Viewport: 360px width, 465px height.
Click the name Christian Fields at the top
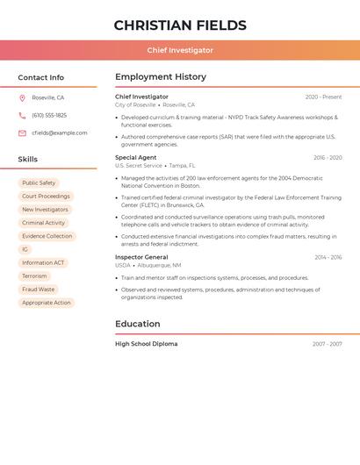click(180, 25)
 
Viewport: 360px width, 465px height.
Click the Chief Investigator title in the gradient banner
click(180, 50)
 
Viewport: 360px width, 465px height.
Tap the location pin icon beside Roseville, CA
click(22, 97)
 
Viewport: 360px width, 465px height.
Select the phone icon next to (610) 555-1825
click(22, 115)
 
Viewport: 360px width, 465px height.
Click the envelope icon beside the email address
click(22, 132)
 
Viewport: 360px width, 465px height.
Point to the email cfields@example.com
click(59, 132)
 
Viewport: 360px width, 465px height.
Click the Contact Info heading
click(40, 77)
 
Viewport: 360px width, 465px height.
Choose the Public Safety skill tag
click(39, 183)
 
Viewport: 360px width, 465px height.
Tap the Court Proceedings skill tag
click(46, 197)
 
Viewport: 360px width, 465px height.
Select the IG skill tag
click(25, 249)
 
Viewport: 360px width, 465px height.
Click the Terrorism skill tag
click(34, 276)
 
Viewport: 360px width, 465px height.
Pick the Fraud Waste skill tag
click(38, 290)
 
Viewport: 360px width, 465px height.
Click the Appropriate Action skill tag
click(46, 303)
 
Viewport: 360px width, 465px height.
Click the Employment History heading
click(161, 77)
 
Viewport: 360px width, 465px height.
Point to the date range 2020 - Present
click(323, 97)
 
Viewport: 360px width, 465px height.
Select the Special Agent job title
click(135, 158)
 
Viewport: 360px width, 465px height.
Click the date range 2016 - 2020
click(328, 158)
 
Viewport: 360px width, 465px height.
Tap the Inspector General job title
click(141, 257)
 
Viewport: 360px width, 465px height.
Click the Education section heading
click(138, 324)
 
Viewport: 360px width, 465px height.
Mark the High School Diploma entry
click(146, 344)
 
